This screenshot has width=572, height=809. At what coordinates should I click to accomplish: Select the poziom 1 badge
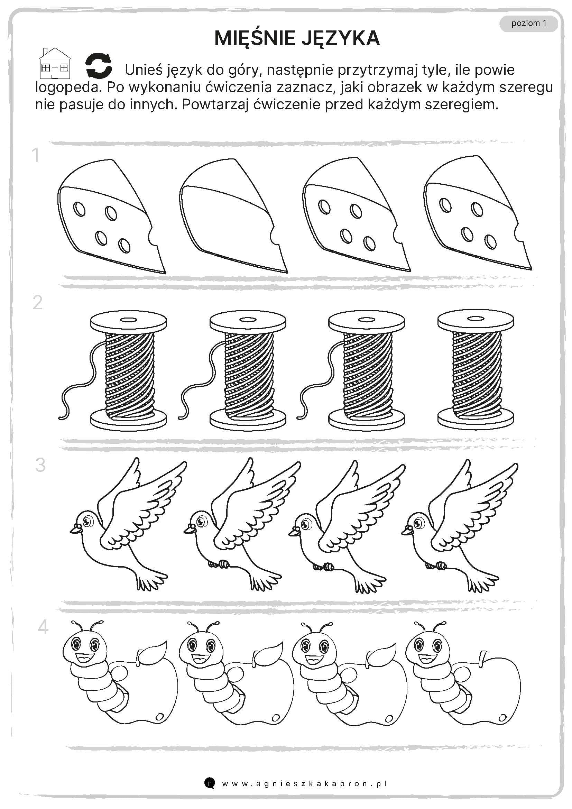pos(529,23)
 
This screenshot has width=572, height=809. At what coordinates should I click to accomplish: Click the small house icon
pos(55,63)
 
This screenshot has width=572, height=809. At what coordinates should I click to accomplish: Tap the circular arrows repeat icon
pos(99,65)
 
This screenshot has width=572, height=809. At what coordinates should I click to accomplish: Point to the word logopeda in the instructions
pos(66,88)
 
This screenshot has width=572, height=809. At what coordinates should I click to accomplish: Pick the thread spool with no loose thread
pos(476,369)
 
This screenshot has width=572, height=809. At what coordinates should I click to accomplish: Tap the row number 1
pos(35,155)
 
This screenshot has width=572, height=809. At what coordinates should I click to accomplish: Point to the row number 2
pos(37,303)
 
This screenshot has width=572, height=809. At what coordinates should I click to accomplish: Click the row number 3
pos(40,465)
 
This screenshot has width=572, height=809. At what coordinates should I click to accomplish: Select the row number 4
pos(43,627)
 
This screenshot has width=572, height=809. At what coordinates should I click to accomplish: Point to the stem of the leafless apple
pos(482,658)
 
